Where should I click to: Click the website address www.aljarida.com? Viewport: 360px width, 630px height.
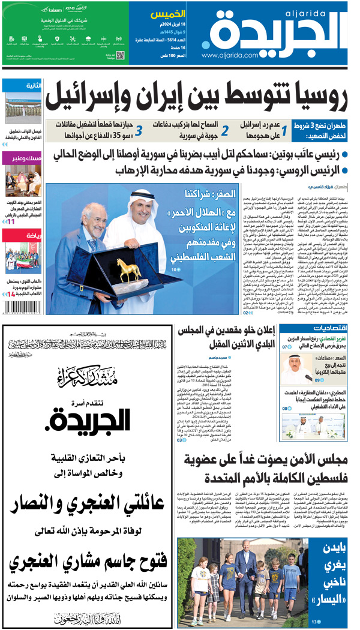[233, 55]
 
